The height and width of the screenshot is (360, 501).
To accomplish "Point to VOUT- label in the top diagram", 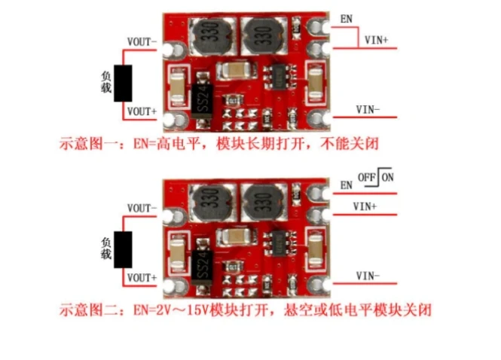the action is (x=142, y=43).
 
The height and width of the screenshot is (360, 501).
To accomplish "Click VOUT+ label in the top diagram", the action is (x=142, y=111).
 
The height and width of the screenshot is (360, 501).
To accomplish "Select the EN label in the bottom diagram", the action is (x=347, y=185).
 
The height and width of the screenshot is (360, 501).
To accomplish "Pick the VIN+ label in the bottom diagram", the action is (x=366, y=206).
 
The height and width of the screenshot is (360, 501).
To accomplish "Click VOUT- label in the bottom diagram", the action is (x=142, y=208).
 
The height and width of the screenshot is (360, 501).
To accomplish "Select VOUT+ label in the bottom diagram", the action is (x=142, y=277).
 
